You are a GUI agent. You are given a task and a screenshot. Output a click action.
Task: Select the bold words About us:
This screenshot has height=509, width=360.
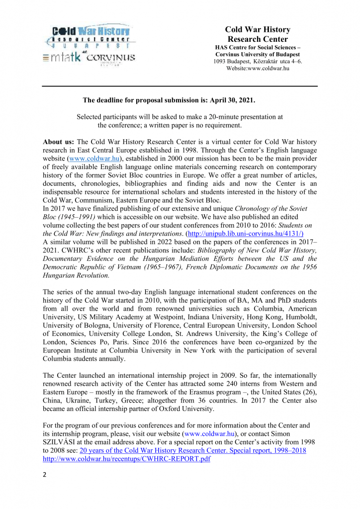(59, 142)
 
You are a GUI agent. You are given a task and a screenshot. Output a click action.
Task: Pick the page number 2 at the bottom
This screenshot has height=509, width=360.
(45, 475)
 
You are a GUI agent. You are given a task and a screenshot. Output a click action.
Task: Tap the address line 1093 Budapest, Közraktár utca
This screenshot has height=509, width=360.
(258, 61)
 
